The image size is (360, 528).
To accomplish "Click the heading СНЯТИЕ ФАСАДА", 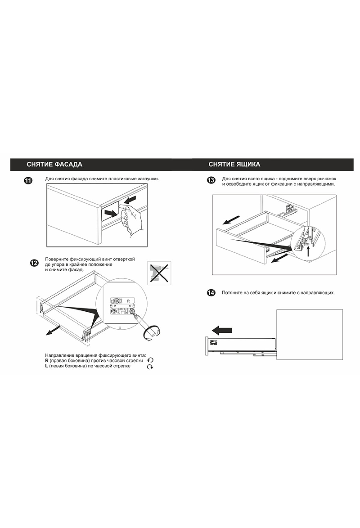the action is (54, 164).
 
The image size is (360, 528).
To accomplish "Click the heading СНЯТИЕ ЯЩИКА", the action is (234, 164).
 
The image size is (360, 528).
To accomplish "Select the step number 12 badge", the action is (34, 263).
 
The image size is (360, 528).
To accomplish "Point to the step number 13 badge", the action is (211, 180).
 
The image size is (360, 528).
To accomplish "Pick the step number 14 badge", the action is (211, 293).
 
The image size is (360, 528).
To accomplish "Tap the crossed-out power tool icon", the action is (159, 273).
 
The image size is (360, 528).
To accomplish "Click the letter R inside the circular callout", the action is (128, 300).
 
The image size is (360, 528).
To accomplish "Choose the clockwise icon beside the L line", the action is (150, 367).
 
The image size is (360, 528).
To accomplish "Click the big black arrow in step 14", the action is (222, 330).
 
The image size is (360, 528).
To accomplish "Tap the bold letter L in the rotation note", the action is (46, 366).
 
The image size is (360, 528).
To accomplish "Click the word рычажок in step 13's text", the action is (326, 179).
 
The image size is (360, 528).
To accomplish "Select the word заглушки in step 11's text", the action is (148, 179).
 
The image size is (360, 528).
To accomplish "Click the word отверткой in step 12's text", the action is (124, 259).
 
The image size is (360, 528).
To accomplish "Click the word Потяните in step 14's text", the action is (232, 292).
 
